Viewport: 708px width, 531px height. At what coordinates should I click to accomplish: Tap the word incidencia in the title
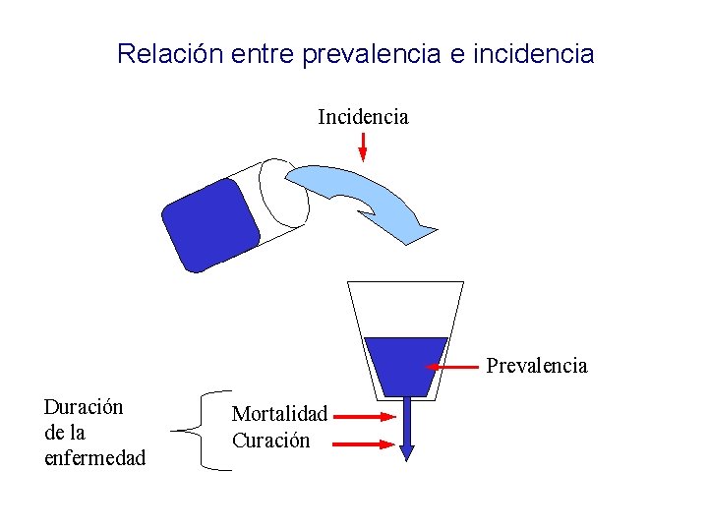(x=534, y=54)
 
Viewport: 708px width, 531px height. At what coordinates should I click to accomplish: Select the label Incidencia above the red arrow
(x=363, y=117)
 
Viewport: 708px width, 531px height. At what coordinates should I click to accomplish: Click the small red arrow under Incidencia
(x=363, y=147)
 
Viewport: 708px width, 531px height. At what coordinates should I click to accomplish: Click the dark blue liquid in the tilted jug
(x=210, y=225)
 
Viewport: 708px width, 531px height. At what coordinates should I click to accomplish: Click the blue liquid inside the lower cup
(x=405, y=364)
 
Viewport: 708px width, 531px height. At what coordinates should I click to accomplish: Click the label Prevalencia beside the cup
(x=537, y=366)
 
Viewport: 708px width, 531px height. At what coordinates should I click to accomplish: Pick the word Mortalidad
(x=279, y=416)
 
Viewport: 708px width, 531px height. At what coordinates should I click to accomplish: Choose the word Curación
(x=270, y=441)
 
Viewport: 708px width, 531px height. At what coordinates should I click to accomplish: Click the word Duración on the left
(x=84, y=407)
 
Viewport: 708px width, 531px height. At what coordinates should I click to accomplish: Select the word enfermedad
(x=94, y=457)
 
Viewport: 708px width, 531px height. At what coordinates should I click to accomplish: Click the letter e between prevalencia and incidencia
(x=457, y=54)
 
